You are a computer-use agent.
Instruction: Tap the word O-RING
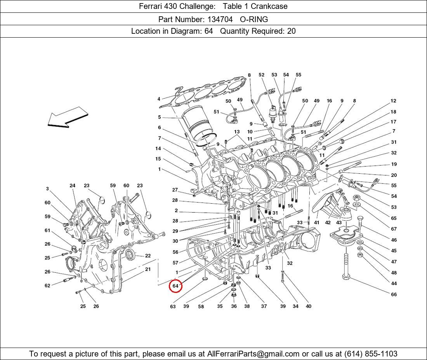(x=254, y=19)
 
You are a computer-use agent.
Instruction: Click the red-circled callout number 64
(x=175, y=286)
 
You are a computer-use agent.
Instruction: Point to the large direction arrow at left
(x=68, y=118)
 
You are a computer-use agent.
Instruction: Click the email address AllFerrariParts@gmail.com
(x=253, y=353)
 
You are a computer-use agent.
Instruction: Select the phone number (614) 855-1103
(x=370, y=353)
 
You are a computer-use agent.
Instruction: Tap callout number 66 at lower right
(x=394, y=294)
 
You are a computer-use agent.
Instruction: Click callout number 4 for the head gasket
(x=159, y=99)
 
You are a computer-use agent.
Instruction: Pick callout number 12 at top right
(x=393, y=101)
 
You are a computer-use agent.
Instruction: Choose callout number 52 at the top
(x=262, y=75)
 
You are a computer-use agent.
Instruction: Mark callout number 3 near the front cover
(x=47, y=189)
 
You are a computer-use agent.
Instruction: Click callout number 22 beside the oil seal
(x=148, y=256)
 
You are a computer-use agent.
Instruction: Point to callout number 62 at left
(x=47, y=286)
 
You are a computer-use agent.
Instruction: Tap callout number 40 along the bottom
(x=308, y=306)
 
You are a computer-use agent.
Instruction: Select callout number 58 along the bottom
(x=201, y=306)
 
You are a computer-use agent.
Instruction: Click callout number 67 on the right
(x=394, y=229)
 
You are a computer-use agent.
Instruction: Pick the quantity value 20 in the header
(x=291, y=31)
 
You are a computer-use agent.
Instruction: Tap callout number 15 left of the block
(x=158, y=159)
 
